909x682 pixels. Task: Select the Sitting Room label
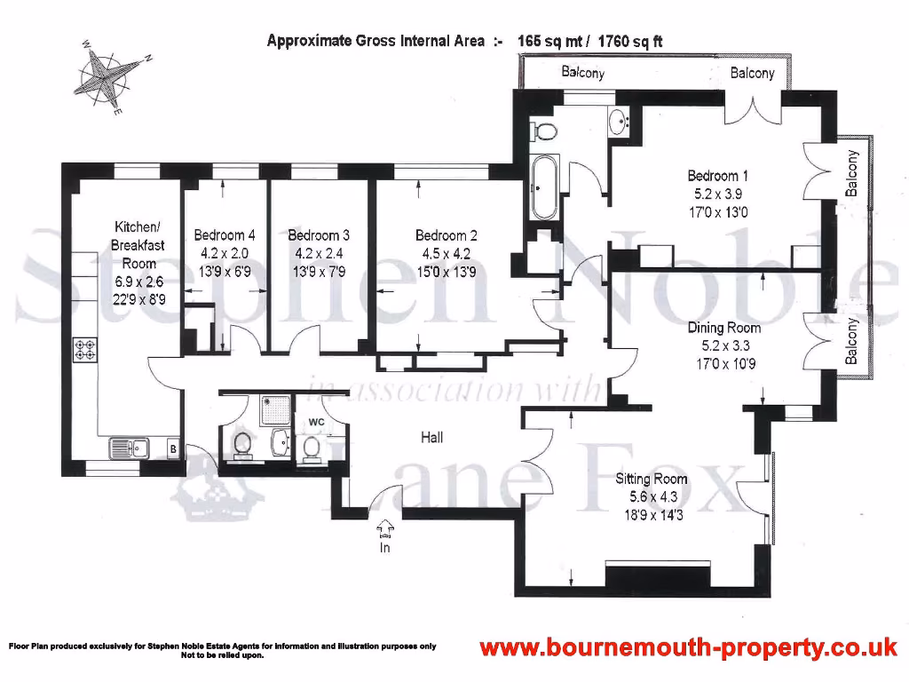[652, 479]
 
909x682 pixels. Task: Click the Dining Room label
[723, 328]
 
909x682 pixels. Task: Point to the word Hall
[431, 438]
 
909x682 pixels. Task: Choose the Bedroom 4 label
[225, 235]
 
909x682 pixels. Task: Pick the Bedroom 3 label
[319, 235]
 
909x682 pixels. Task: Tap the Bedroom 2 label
[447, 235]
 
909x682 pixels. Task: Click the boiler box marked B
[173, 450]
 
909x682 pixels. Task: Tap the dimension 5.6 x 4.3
[652, 495]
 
